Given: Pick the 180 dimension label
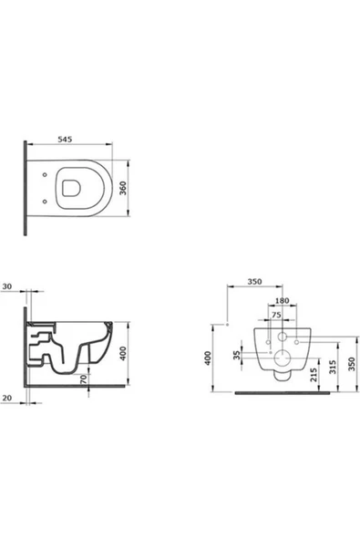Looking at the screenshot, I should (283, 300).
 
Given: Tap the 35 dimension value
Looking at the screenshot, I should (238, 353).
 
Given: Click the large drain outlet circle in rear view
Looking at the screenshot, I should (283, 358).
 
